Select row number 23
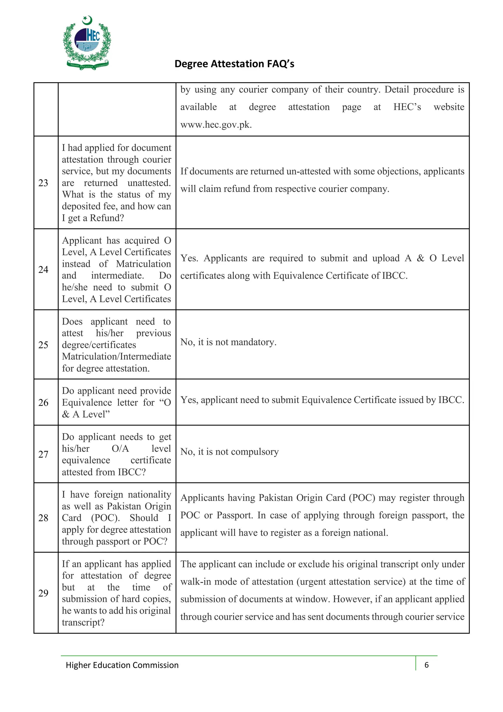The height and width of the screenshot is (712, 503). coord(43,183)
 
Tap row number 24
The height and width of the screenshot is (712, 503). coord(43,269)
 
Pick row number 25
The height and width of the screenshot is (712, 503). coord(43,345)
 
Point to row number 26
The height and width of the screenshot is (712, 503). coord(43,403)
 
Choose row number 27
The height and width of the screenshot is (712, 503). coord(43,454)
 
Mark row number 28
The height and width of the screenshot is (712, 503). coord(43,518)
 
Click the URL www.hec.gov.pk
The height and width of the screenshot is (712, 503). coord(216,125)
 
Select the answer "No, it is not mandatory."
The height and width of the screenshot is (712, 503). coord(228,342)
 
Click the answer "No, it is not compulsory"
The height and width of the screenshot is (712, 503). coord(229,452)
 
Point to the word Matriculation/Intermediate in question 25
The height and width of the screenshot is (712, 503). coord(116,357)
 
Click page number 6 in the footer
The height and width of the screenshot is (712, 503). coord(426,665)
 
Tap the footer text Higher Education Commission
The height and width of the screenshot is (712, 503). coord(122,665)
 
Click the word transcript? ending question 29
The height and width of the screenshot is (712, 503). coord(83,622)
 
